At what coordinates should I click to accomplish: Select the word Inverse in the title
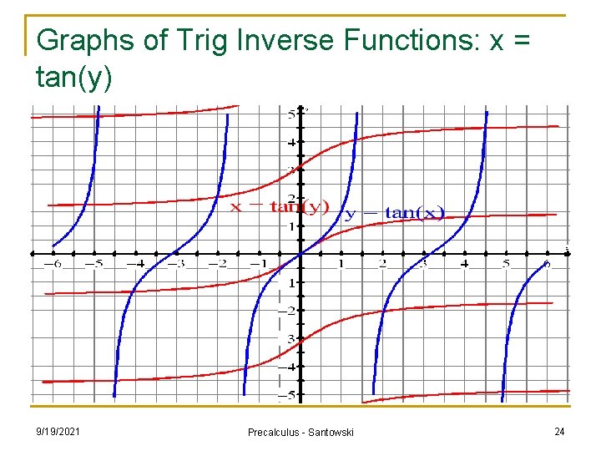259,40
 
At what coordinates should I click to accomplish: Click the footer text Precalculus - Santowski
300,432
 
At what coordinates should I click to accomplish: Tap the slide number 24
558,431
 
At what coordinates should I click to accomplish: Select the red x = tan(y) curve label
280,206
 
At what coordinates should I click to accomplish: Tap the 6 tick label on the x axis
547,264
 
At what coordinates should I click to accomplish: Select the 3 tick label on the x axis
423,264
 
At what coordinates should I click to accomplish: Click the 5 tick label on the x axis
506,264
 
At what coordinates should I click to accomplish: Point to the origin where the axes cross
300,254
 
